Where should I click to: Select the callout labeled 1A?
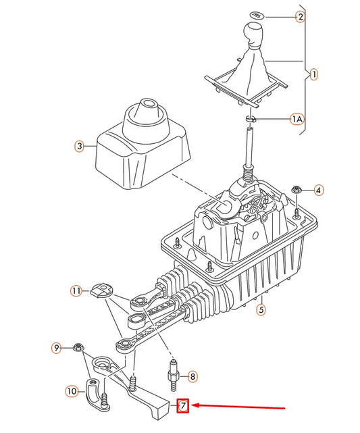click(297, 119)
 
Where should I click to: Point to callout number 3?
click(79, 145)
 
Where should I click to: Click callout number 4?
click(318, 190)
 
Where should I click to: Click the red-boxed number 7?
click(182, 407)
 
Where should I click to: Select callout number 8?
click(192, 376)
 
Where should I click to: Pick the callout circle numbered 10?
click(71, 390)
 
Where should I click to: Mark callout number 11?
click(76, 291)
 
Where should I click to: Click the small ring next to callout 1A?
click(251, 120)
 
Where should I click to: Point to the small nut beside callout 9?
click(78, 347)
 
